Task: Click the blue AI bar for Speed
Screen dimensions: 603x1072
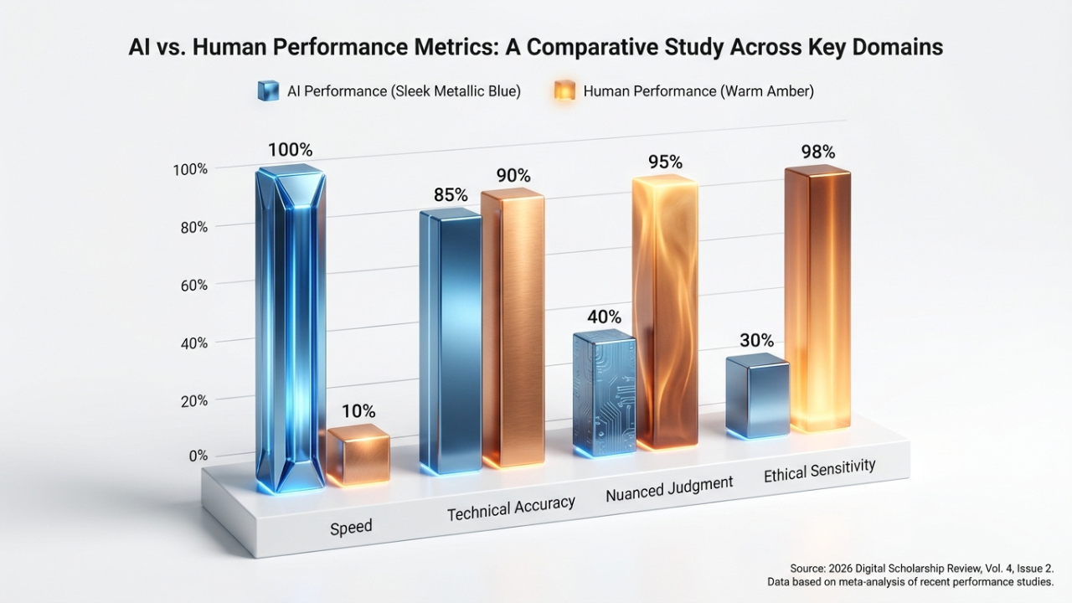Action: (291, 327)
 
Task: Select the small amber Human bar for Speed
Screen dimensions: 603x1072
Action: (358, 455)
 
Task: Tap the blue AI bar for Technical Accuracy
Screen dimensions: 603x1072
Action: (450, 339)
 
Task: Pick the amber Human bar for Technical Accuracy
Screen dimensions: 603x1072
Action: (512, 327)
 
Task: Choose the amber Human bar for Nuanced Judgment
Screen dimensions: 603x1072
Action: (664, 310)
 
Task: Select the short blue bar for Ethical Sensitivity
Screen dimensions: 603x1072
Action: (757, 395)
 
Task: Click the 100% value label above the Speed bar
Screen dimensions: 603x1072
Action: (290, 150)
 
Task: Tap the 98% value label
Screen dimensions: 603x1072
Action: (817, 152)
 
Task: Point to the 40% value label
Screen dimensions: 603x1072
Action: (604, 317)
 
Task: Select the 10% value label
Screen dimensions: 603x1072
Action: (358, 411)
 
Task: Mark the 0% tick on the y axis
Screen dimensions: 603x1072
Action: (198, 456)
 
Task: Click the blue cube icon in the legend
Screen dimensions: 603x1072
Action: (268, 90)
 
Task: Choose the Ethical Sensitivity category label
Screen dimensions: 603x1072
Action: (819, 471)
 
